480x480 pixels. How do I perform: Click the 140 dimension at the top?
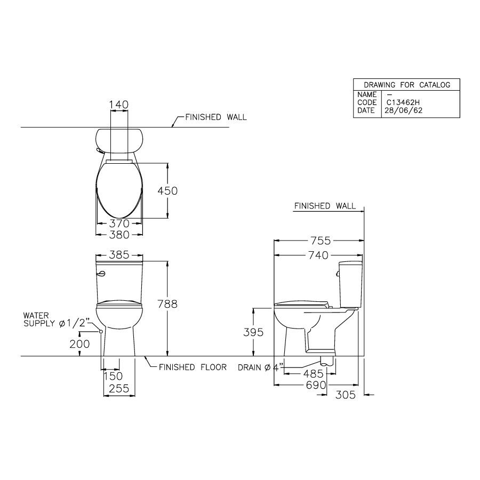click(119, 105)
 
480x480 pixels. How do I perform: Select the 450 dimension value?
click(166, 190)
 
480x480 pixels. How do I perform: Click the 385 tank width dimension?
click(119, 255)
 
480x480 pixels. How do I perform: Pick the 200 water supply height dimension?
click(79, 344)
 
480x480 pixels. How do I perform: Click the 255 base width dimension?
click(119, 389)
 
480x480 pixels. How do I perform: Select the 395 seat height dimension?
click(253, 332)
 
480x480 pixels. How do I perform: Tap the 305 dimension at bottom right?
click(345, 395)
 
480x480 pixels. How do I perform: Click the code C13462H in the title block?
click(405, 102)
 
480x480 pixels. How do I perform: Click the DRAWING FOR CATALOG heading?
click(406, 85)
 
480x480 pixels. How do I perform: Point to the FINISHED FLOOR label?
click(193, 367)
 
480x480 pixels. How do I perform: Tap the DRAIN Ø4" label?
click(260, 367)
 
